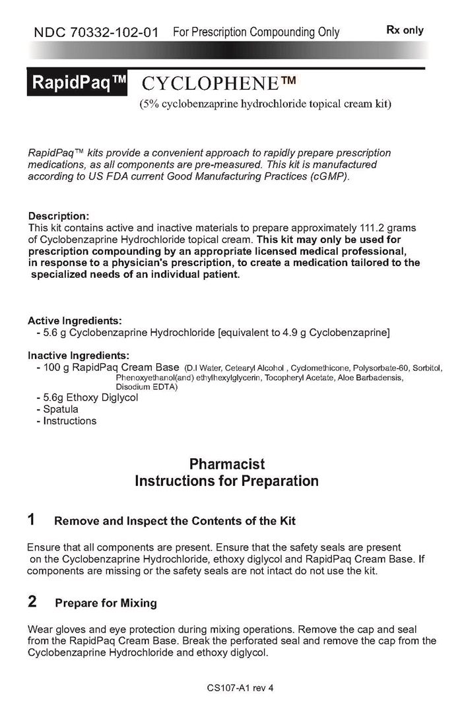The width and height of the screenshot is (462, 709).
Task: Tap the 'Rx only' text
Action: (405, 30)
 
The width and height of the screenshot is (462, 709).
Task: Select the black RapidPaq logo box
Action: (77, 84)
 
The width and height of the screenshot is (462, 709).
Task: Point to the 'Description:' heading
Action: (58, 216)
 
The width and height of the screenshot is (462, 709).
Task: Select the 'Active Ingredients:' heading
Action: (75, 321)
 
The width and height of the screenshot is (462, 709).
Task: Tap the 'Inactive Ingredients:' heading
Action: (79, 355)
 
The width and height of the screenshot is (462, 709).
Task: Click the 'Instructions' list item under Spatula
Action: (69, 421)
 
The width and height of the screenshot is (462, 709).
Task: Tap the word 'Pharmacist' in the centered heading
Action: (226, 465)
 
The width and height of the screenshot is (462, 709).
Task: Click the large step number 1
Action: (32, 520)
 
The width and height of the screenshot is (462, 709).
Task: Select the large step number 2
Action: (32, 601)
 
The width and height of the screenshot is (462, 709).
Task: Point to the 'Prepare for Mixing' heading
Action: (106, 603)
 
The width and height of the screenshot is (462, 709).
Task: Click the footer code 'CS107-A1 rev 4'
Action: (240, 687)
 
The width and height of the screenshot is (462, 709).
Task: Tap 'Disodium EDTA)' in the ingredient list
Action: (147, 386)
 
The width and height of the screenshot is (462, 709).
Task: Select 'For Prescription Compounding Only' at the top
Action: (256, 32)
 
